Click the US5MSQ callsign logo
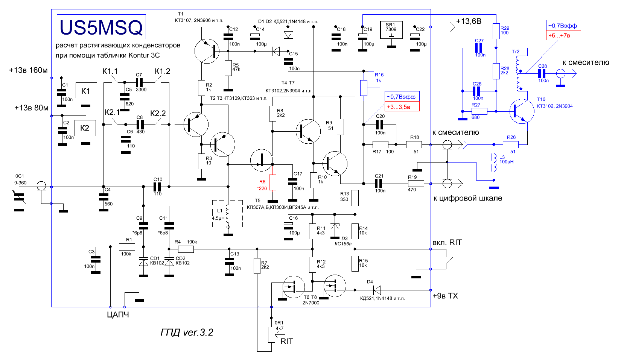101,27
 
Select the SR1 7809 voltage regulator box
391,30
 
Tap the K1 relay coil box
86,90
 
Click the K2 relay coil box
85,128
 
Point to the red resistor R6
272,182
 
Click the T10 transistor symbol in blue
522,111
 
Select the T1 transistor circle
207,51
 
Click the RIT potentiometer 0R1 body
271,335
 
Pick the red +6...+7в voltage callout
563,36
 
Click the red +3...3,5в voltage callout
402,107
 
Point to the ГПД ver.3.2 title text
187,333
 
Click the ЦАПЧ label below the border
118,315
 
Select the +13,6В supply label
469,21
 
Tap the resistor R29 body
496,31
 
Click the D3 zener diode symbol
335,226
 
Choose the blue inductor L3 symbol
494,163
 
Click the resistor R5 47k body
228,68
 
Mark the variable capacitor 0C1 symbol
19,197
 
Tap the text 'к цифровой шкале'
467,198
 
